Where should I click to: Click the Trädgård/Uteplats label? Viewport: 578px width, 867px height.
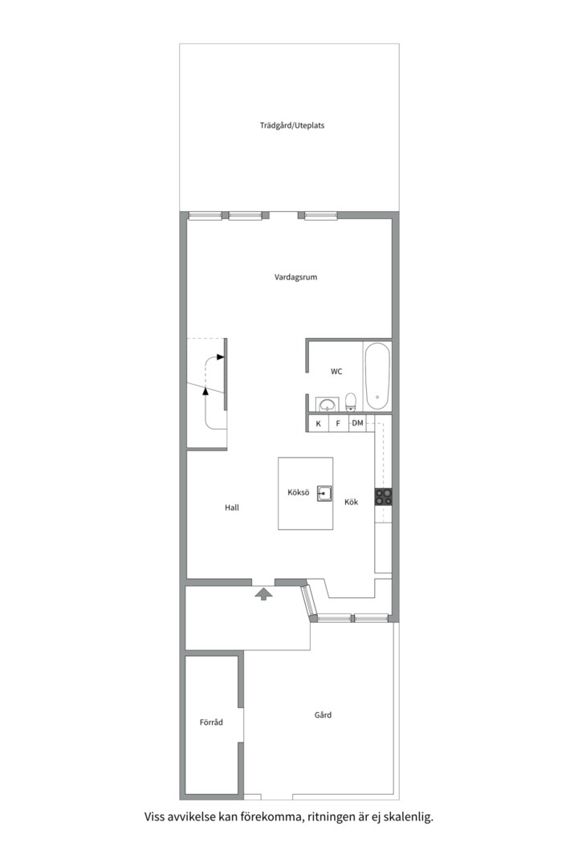point(292,125)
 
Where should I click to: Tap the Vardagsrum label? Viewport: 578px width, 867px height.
point(296,277)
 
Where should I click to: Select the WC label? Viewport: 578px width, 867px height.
point(336,372)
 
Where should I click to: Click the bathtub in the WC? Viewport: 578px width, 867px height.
point(377,376)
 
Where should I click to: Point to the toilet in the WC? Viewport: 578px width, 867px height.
point(351,402)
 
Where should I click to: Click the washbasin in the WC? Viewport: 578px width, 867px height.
point(328,405)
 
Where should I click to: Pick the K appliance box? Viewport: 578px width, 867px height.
point(318,424)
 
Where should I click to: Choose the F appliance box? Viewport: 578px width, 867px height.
point(338,424)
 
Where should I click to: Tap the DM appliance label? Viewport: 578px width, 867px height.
point(358,423)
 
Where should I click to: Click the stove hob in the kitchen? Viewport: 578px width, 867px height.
point(384,497)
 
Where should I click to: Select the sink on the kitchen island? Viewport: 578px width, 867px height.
point(324,493)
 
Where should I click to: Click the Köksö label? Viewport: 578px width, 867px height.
point(298,492)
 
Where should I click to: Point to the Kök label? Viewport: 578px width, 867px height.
point(352,502)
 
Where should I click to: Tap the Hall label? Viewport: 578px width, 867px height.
point(232,507)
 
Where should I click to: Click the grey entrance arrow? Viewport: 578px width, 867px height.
point(264,594)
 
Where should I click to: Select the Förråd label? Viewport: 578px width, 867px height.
point(211,722)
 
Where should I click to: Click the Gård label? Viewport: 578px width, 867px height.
point(323,715)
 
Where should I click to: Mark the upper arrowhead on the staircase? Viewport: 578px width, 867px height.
point(221,357)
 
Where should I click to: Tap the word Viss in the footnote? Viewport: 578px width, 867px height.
point(155,816)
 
